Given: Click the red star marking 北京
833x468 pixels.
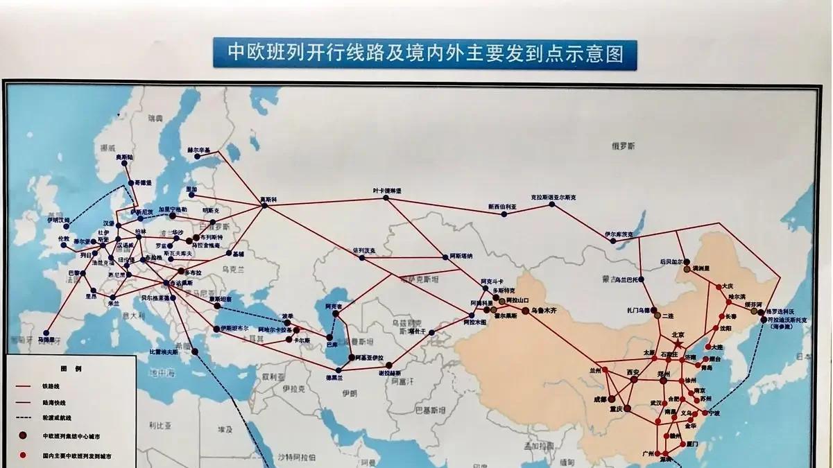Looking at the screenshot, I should (x=678, y=343).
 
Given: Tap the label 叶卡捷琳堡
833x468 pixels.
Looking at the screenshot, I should (x=387, y=190).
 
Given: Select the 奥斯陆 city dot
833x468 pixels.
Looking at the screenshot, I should (x=123, y=164).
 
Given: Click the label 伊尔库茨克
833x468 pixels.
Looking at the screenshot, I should (x=619, y=234).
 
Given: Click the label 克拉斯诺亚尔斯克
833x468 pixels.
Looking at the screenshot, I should (x=553, y=197).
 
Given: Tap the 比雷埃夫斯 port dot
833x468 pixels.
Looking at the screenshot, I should (x=195, y=351).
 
